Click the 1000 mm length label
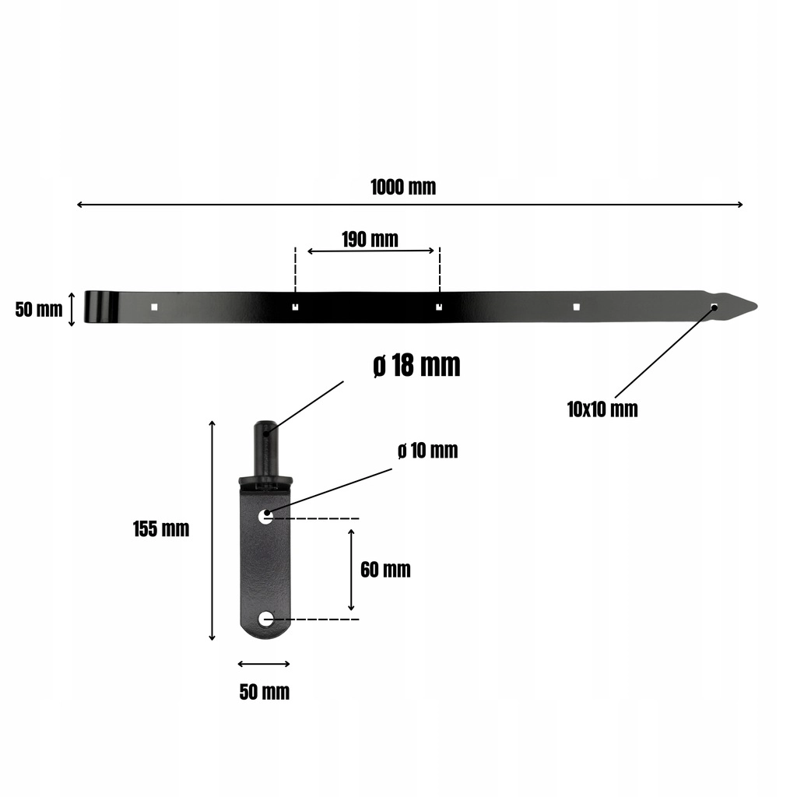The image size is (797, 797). pos(403,187)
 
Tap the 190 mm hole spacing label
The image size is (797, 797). pos(370,240)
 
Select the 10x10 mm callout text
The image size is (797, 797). pos(602,409)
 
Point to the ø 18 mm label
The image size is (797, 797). pos(417,365)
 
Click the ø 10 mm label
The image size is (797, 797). pos(428,451)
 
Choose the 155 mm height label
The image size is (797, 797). pos(161,529)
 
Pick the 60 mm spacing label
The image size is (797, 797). pos(386,570)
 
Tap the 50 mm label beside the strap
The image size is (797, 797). pos(39,310)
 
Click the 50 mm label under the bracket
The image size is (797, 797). pos(265,692)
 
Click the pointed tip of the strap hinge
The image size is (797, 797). pos(757,307)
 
